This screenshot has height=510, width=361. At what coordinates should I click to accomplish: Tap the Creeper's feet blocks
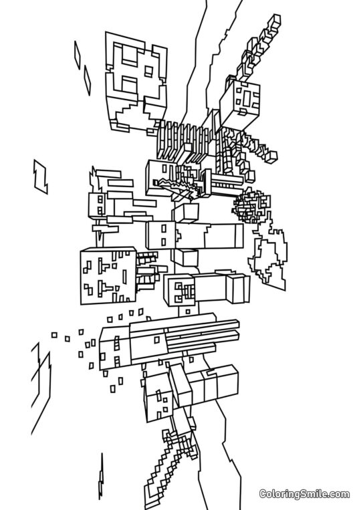pos(237,287)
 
